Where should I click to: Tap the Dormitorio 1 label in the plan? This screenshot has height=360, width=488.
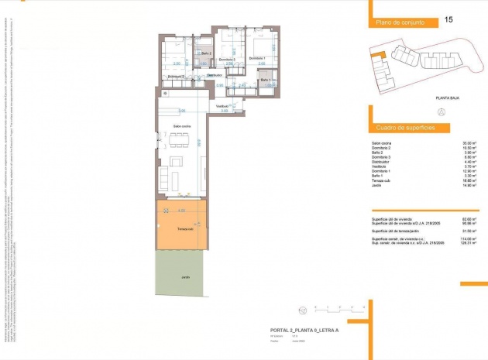click(x=258, y=59)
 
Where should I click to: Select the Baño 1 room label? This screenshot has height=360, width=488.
click(x=265, y=80)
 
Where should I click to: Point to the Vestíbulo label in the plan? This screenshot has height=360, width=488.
click(x=223, y=105)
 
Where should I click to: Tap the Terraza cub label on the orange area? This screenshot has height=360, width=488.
click(x=184, y=230)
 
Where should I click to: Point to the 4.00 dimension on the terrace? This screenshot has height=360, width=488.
click(x=181, y=210)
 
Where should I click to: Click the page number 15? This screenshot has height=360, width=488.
click(x=449, y=19)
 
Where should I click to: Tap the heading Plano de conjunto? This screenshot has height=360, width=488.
click(x=400, y=24)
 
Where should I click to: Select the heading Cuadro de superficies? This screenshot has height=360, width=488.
click(x=404, y=127)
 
